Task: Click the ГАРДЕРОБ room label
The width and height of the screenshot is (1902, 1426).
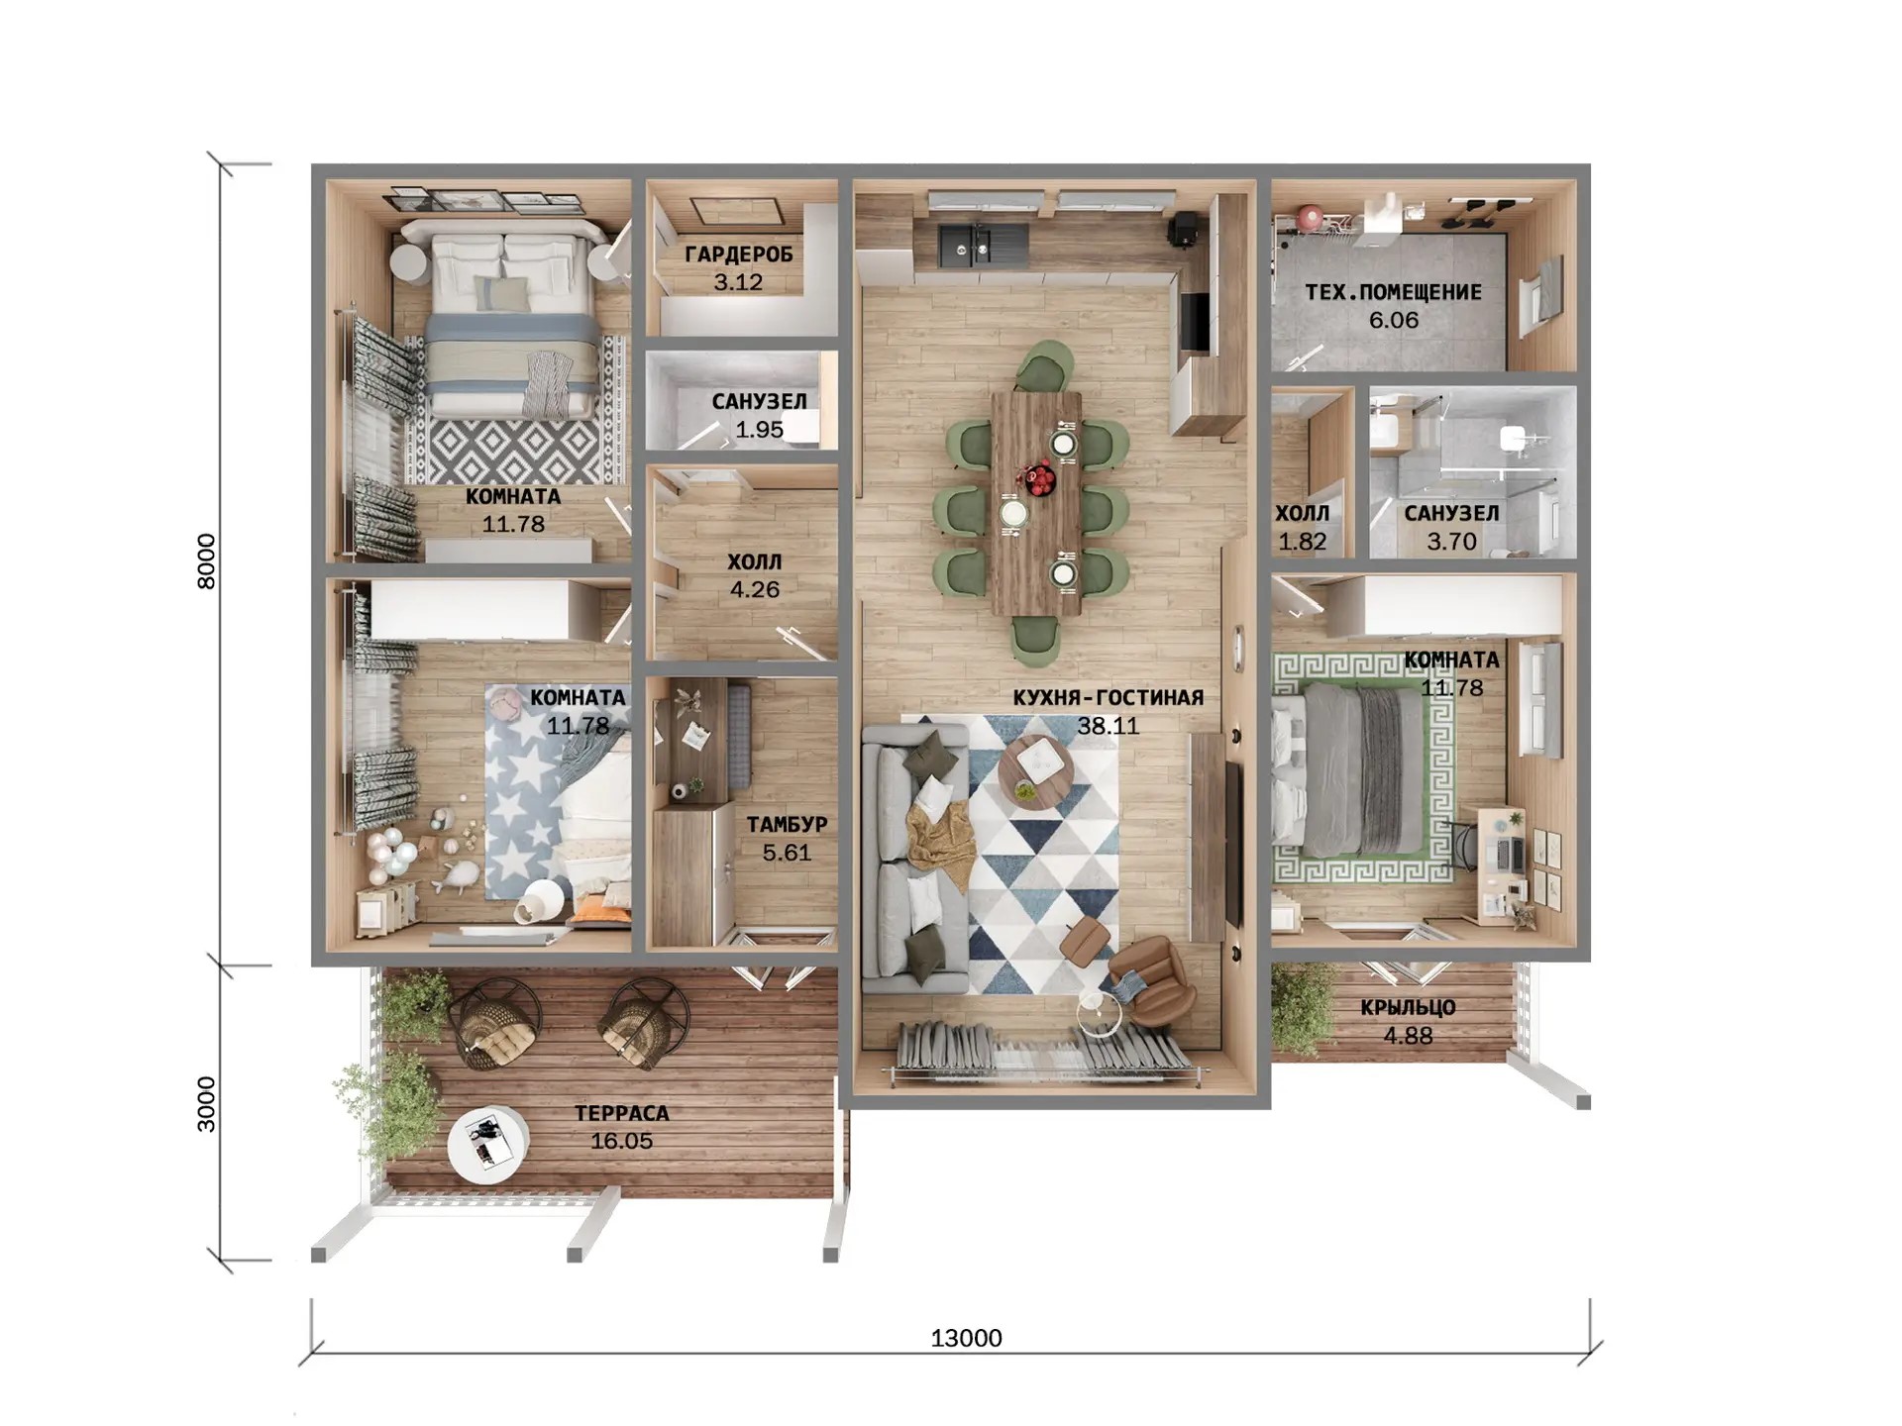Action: (x=739, y=255)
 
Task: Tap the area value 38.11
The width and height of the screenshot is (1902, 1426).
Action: (x=1109, y=726)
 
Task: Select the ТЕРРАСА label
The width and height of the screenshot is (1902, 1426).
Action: (x=622, y=1113)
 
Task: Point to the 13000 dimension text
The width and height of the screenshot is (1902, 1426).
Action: (x=966, y=1338)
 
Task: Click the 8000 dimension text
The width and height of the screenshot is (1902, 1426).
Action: (x=206, y=561)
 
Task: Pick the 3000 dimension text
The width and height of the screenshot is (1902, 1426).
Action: (x=206, y=1104)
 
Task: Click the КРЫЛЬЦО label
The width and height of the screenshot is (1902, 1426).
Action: (x=1408, y=1008)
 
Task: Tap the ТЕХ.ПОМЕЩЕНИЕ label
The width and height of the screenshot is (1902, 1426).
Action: (x=1394, y=292)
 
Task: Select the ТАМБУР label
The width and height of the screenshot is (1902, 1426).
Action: (x=787, y=824)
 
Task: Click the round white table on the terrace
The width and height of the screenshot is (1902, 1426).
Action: (x=487, y=1144)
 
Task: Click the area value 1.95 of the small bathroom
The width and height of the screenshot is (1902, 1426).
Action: (x=759, y=430)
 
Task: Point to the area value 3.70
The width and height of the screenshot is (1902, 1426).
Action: (x=1451, y=542)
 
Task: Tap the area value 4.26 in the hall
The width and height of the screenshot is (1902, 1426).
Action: (x=755, y=590)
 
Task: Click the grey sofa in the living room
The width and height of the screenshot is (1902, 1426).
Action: (x=913, y=858)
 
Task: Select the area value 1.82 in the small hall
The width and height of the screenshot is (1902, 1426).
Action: (x=1302, y=542)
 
